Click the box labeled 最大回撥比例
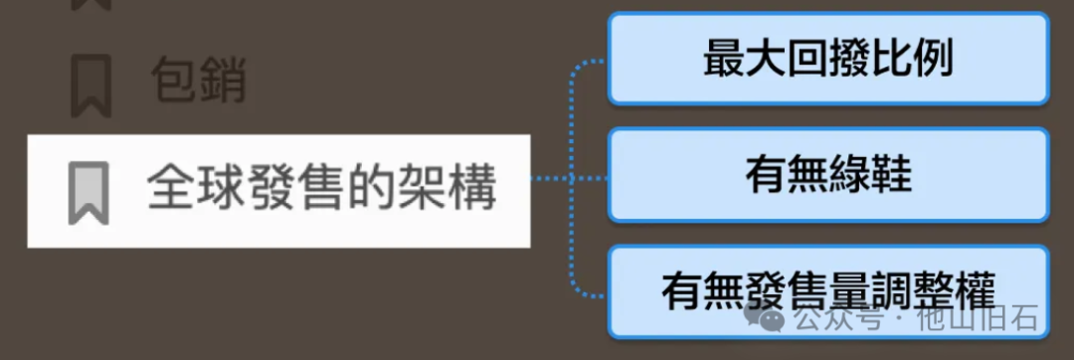click(x=828, y=59)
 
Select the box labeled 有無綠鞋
click(x=828, y=175)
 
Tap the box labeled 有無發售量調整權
click(x=828, y=291)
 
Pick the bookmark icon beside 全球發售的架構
click(x=88, y=192)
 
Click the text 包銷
click(x=198, y=81)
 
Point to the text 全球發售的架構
click(x=321, y=188)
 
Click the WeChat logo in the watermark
click(x=767, y=320)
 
